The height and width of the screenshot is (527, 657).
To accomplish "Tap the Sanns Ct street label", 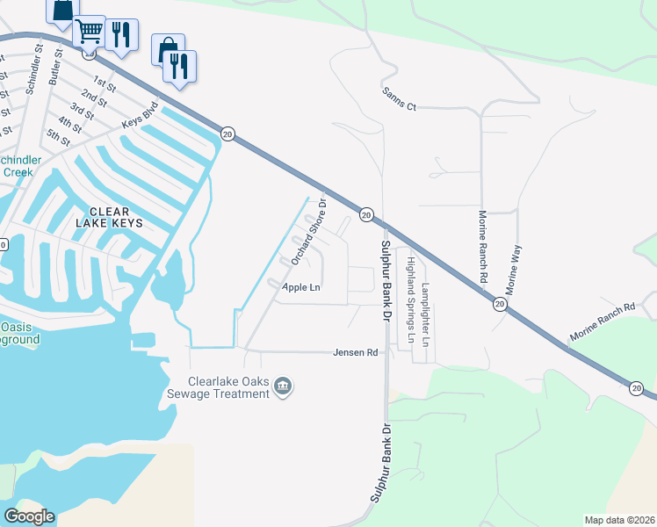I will pyautogui.click(x=398, y=98).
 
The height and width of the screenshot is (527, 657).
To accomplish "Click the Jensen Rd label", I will pyautogui.click(x=355, y=352).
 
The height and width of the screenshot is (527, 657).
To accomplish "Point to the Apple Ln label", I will pyautogui.click(x=300, y=287).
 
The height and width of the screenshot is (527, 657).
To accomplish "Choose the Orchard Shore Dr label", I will pyautogui.click(x=308, y=231).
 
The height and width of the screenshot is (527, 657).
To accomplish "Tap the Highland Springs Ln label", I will pyautogui.click(x=409, y=298).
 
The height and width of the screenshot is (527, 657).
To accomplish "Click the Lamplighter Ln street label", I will pyautogui.click(x=427, y=312).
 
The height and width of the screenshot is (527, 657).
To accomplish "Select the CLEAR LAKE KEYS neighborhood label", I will pyautogui.click(x=114, y=217).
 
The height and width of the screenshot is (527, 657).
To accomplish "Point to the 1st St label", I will pyautogui.click(x=105, y=84).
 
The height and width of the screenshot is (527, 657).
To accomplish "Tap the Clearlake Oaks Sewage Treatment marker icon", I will pyautogui.click(x=283, y=386).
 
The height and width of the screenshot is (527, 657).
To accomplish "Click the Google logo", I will pyautogui.click(x=29, y=516).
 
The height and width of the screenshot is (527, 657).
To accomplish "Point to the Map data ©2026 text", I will pyautogui.click(x=618, y=520).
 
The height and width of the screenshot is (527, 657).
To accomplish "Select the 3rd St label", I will pyautogui.click(x=82, y=110).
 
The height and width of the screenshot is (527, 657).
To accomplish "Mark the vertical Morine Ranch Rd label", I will pyautogui.click(x=482, y=246).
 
